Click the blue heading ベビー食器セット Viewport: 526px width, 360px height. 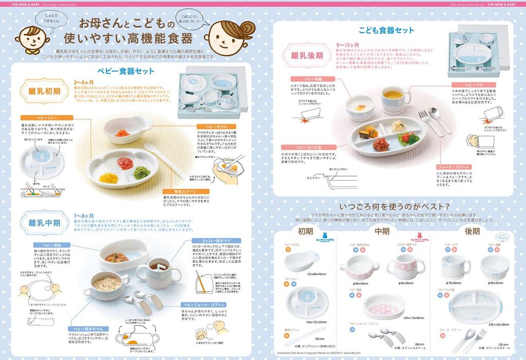pyautogui.click(x=125, y=71)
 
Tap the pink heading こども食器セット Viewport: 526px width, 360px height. pyautogui.click(x=386, y=30)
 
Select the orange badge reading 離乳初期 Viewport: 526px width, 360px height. pyautogui.click(x=44, y=91)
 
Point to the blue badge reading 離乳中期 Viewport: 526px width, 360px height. pyautogui.click(x=44, y=223)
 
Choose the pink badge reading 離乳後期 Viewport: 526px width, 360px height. pyautogui.click(x=307, y=53)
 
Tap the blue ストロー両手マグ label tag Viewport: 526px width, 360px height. pyautogui.click(x=214, y=240)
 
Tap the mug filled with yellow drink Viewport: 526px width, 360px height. pyautogui.click(x=396, y=97)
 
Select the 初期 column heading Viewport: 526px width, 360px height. pyautogui.click(x=305, y=231)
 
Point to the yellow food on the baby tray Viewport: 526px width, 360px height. pyautogui.click(x=108, y=178)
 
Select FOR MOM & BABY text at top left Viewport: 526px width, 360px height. pyautogui.click(x=19, y=4)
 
